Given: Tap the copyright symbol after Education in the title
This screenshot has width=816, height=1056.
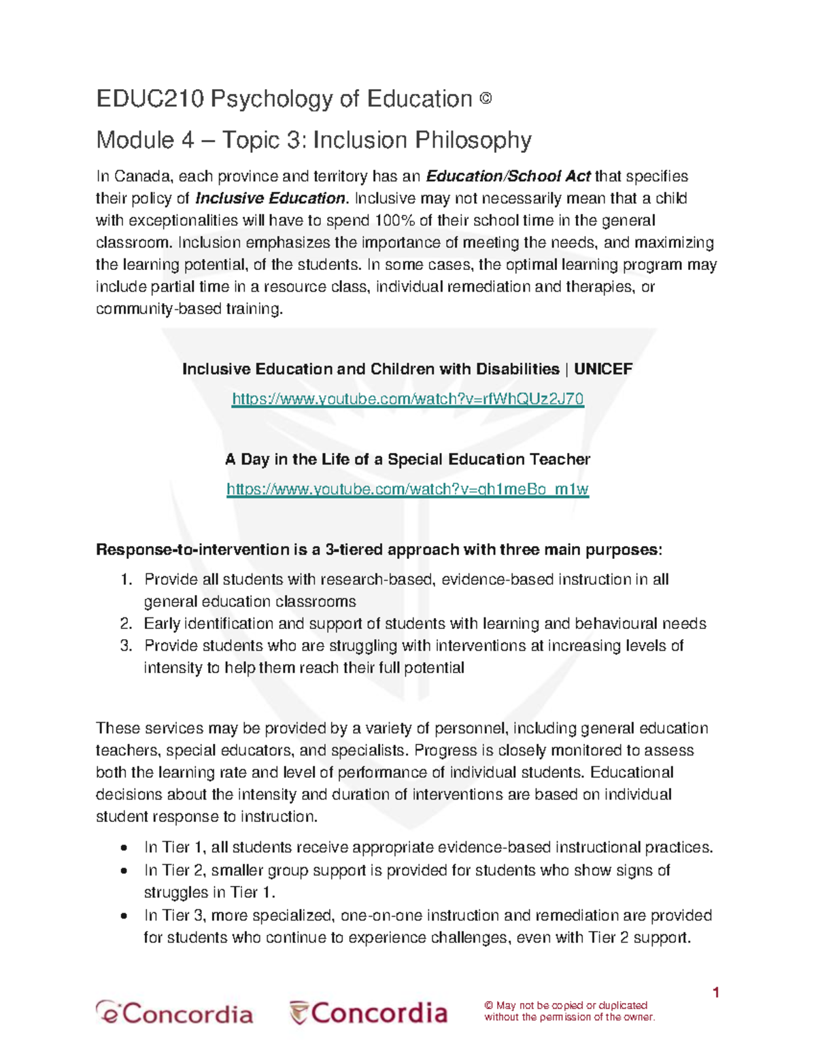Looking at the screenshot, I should (485, 99).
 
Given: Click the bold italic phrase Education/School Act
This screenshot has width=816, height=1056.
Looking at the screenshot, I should (508, 177).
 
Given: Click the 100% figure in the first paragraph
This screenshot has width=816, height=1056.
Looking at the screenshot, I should (390, 221).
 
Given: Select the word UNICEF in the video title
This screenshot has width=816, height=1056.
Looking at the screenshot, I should (603, 369).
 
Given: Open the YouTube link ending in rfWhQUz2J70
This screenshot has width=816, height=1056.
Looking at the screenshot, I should (408, 399).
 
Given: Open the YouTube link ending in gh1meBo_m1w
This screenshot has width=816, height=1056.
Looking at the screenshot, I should (407, 490).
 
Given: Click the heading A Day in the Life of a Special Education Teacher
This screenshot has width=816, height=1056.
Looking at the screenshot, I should (407, 460).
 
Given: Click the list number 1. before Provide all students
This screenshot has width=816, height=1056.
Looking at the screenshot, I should (126, 580).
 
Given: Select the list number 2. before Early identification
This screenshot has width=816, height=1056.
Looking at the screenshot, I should (126, 624).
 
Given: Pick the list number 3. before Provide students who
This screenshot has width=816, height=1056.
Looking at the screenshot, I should (126, 646).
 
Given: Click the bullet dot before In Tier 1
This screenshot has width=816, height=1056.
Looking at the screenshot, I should (123, 849).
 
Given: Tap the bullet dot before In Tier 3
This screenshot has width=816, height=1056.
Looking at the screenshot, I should (123, 916).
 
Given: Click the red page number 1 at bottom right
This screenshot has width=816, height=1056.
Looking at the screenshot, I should (715, 993).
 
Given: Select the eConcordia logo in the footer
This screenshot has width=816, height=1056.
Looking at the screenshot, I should (174, 1013).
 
